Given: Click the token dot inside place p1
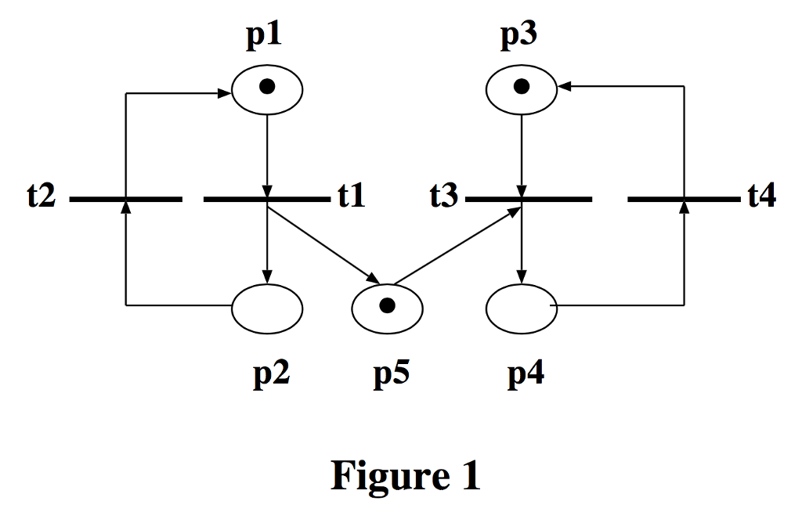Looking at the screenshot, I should [x=267, y=88].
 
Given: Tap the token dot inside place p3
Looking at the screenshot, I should [x=522, y=87].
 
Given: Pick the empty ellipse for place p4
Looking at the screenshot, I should [x=522, y=308].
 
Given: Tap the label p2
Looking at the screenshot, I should [x=272, y=375].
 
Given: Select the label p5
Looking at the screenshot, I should [x=391, y=375].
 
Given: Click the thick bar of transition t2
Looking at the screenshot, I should [x=125, y=200].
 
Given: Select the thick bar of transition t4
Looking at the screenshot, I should [x=684, y=200].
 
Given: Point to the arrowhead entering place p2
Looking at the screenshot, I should [x=267, y=277].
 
